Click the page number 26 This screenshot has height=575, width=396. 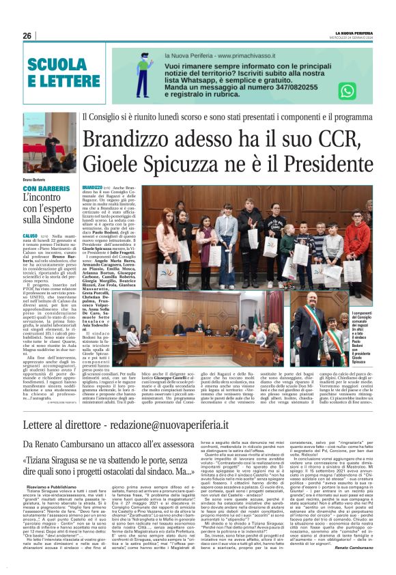[27, 36]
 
